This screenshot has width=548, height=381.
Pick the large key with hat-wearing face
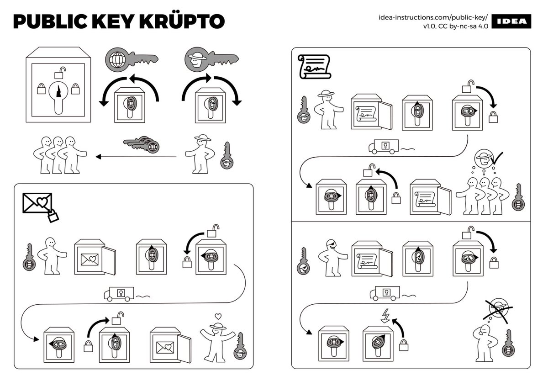click(211, 58)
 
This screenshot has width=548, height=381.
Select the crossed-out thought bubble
click(498, 310)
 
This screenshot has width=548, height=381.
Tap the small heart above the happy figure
click(218, 316)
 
